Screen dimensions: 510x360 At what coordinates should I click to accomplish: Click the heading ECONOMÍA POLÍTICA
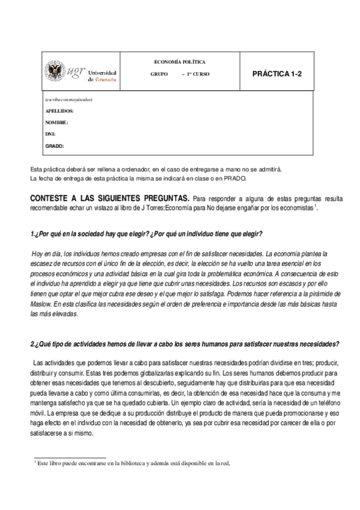(x=180, y=62)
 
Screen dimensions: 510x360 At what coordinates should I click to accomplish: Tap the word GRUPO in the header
(x=159, y=73)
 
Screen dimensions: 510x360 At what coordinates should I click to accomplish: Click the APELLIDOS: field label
(x=59, y=111)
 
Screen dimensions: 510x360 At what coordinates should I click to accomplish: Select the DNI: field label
(x=50, y=134)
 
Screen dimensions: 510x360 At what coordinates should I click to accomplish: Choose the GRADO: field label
(x=55, y=146)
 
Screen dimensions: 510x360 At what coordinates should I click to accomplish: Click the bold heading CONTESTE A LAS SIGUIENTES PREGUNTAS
(x=109, y=198)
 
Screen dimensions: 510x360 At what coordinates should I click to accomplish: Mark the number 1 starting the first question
(x=32, y=233)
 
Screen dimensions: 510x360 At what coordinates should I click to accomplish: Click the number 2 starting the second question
(x=32, y=344)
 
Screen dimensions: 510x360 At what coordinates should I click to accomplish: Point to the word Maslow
(x=43, y=304)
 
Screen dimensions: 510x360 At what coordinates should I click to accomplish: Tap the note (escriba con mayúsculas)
(x=69, y=99)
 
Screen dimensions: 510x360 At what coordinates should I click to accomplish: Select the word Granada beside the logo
(x=106, y=79)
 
